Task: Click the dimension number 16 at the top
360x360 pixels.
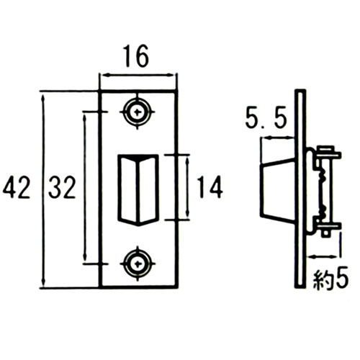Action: [136, 56]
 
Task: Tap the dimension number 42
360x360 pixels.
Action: [17, 186]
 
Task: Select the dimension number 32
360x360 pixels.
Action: [62, 186]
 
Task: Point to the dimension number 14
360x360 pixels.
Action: [210, 186]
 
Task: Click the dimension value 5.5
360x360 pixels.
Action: [266, 120]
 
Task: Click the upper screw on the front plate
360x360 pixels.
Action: [138, 112]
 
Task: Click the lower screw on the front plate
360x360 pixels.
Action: [138, 264]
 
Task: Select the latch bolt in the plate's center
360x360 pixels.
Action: [138, 190]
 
